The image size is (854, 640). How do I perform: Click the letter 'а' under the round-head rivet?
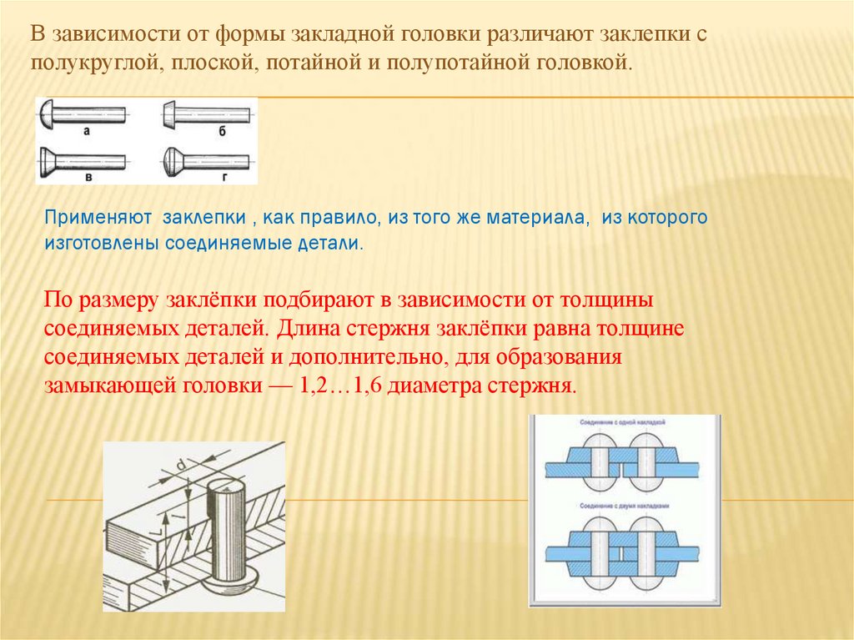pos(87,131)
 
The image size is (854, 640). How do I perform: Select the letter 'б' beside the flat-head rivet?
pos(222,132)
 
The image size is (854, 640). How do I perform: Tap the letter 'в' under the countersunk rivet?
pos(87,178)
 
